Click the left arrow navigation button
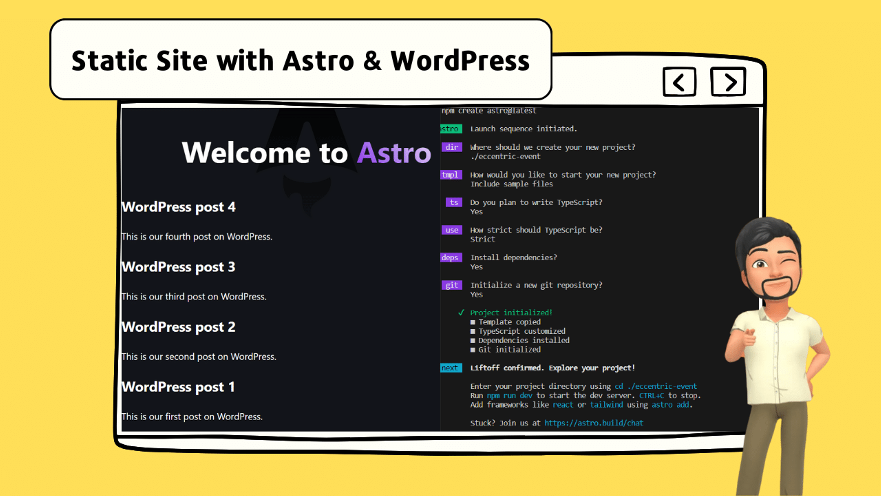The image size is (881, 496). click(x=679, y=82)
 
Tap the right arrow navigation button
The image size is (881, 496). click(x=728, y=82)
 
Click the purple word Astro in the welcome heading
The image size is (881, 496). click(x=394, y=153)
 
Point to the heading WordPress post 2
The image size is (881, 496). click(x=178, y=327)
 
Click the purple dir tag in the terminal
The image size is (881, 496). click(x=452, y=147)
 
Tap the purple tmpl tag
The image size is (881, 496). click(x=451, y=175)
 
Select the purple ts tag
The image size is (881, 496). click(x=454, y=203)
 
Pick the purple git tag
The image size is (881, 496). click(x=452, y=285)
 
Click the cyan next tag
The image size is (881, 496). click(x=451, y=368)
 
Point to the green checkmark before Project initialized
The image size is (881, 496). click(x=461, y=313)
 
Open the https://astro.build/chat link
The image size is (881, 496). click(x=594, y=423)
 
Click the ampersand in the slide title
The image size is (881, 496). click(x=372, y=61)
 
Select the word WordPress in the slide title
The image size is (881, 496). click(x=460, y=61)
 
